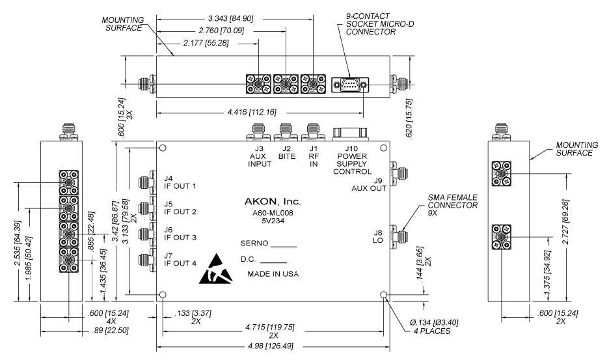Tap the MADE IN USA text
(273, 274)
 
